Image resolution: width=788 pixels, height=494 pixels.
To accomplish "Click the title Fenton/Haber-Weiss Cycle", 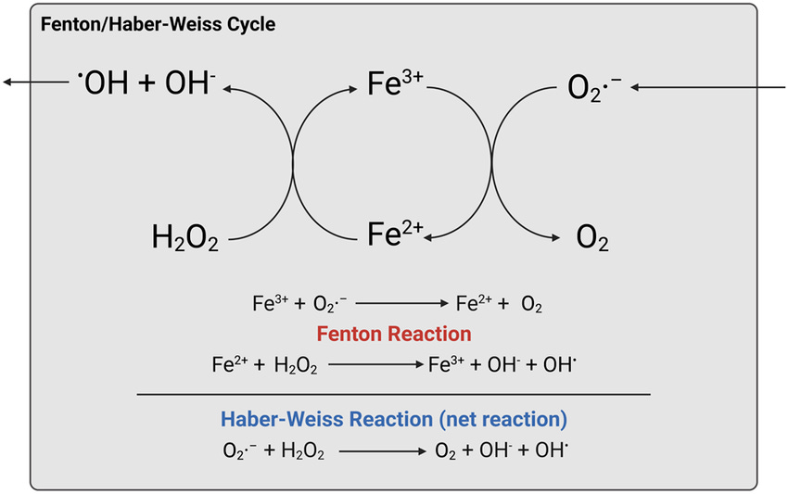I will tap(157, 24).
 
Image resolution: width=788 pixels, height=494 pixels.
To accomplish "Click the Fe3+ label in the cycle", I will tap(395, 87).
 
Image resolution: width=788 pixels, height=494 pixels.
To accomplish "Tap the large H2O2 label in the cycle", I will tap(185, 239).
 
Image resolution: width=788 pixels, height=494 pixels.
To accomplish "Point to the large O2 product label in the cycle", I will tap(592, 239).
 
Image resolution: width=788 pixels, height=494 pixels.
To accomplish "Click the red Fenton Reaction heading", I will tap(393, 333).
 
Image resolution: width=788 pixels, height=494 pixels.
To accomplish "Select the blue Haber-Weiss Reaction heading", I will tap(393, 419).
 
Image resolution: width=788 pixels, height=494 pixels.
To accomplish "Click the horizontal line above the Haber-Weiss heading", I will tap(393, 394).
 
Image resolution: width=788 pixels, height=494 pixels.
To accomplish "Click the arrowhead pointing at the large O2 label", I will tap(558, 238).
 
